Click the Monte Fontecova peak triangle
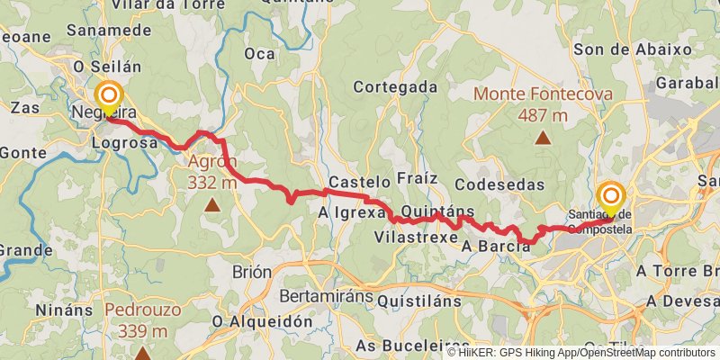tap(543, 138)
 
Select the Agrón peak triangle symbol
tap(211, 204)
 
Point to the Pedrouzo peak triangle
tap(142, 353)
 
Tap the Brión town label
tap(252, 273)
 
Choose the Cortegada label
tap(395, 87)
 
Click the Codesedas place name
tap(500, 184)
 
